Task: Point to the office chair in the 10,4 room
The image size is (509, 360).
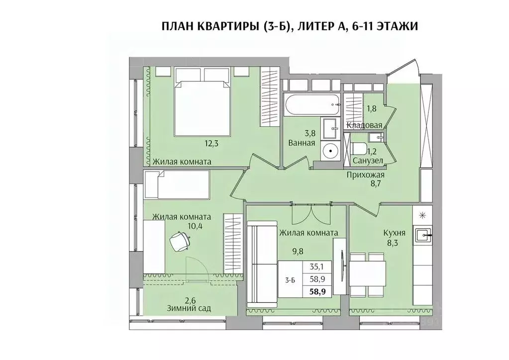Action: (180, 242)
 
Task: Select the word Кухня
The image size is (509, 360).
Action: (394, 232)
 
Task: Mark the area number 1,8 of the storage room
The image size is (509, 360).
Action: (371, 108)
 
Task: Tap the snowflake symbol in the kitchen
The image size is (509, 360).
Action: (422, 215)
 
